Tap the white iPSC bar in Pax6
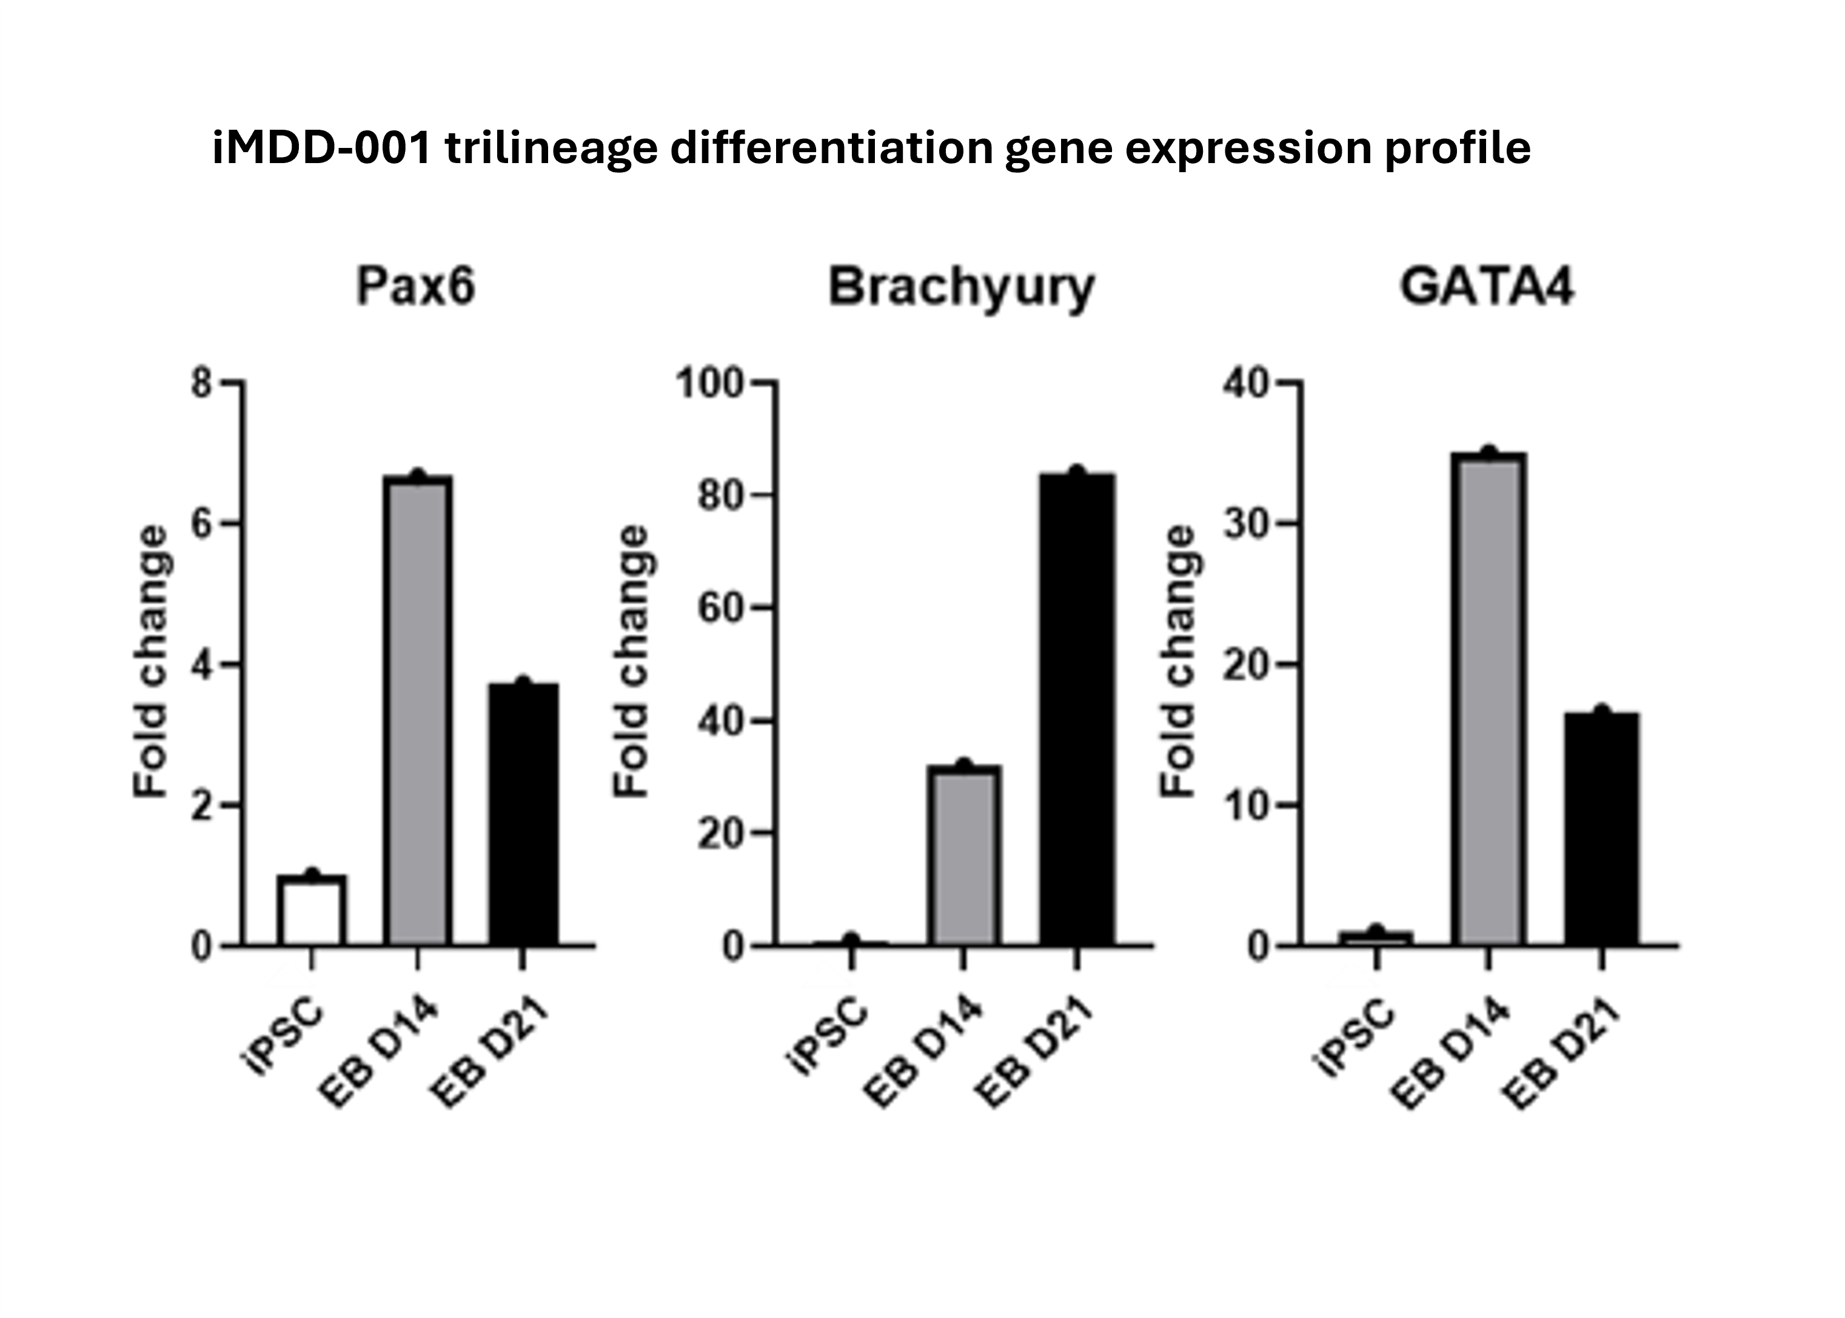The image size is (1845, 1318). click(x=312, y=910)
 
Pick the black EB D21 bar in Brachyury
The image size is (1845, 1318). click(x=1077, y=709)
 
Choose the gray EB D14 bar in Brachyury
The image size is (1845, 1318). click(x=963, y=855)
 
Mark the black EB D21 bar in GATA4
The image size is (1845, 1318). click(x=1601, y=829)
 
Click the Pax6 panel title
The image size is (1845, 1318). click(x=415, y=287)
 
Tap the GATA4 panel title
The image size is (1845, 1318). click(x=1487, y=287)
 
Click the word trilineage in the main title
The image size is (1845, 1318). click(x=551, y=149)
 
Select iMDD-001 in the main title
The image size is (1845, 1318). click(x=321, y=149)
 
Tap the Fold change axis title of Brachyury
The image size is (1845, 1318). click(x=632, y=661)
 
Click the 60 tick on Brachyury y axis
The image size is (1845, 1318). click(x=721, y=609)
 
